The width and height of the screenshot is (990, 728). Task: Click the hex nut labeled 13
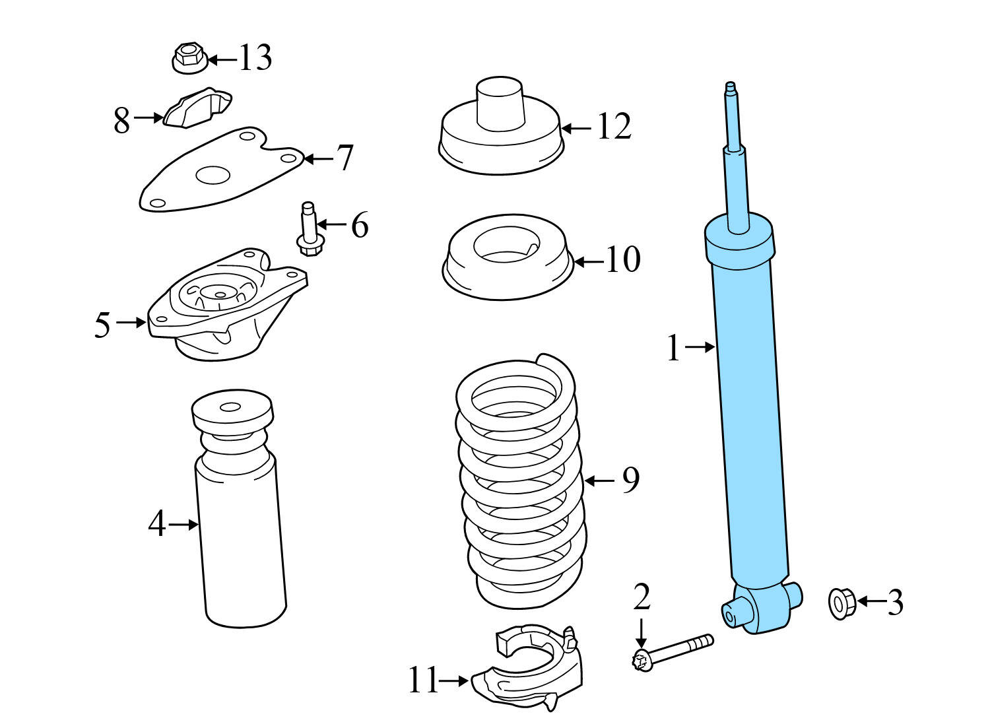[189, 58]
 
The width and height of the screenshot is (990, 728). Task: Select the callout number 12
[614, 127]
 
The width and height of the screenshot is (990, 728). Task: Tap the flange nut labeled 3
[842, 604]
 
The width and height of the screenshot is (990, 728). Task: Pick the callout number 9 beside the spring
[631, 480]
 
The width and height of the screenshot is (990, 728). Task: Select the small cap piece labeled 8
[197, 108]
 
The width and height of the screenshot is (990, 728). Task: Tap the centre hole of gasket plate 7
[213, 176]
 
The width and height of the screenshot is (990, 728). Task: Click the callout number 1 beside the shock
[674, 348]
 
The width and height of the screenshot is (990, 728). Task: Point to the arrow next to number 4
[183, 525]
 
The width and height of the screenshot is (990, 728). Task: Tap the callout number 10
[623, 259]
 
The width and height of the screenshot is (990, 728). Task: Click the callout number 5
[102, 325]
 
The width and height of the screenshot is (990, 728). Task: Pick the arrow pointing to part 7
[319, 158]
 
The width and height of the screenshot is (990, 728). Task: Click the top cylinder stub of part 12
[500, 104]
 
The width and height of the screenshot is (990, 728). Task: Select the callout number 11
[423, 680]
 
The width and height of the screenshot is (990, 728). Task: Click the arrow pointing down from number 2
[640, 634]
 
